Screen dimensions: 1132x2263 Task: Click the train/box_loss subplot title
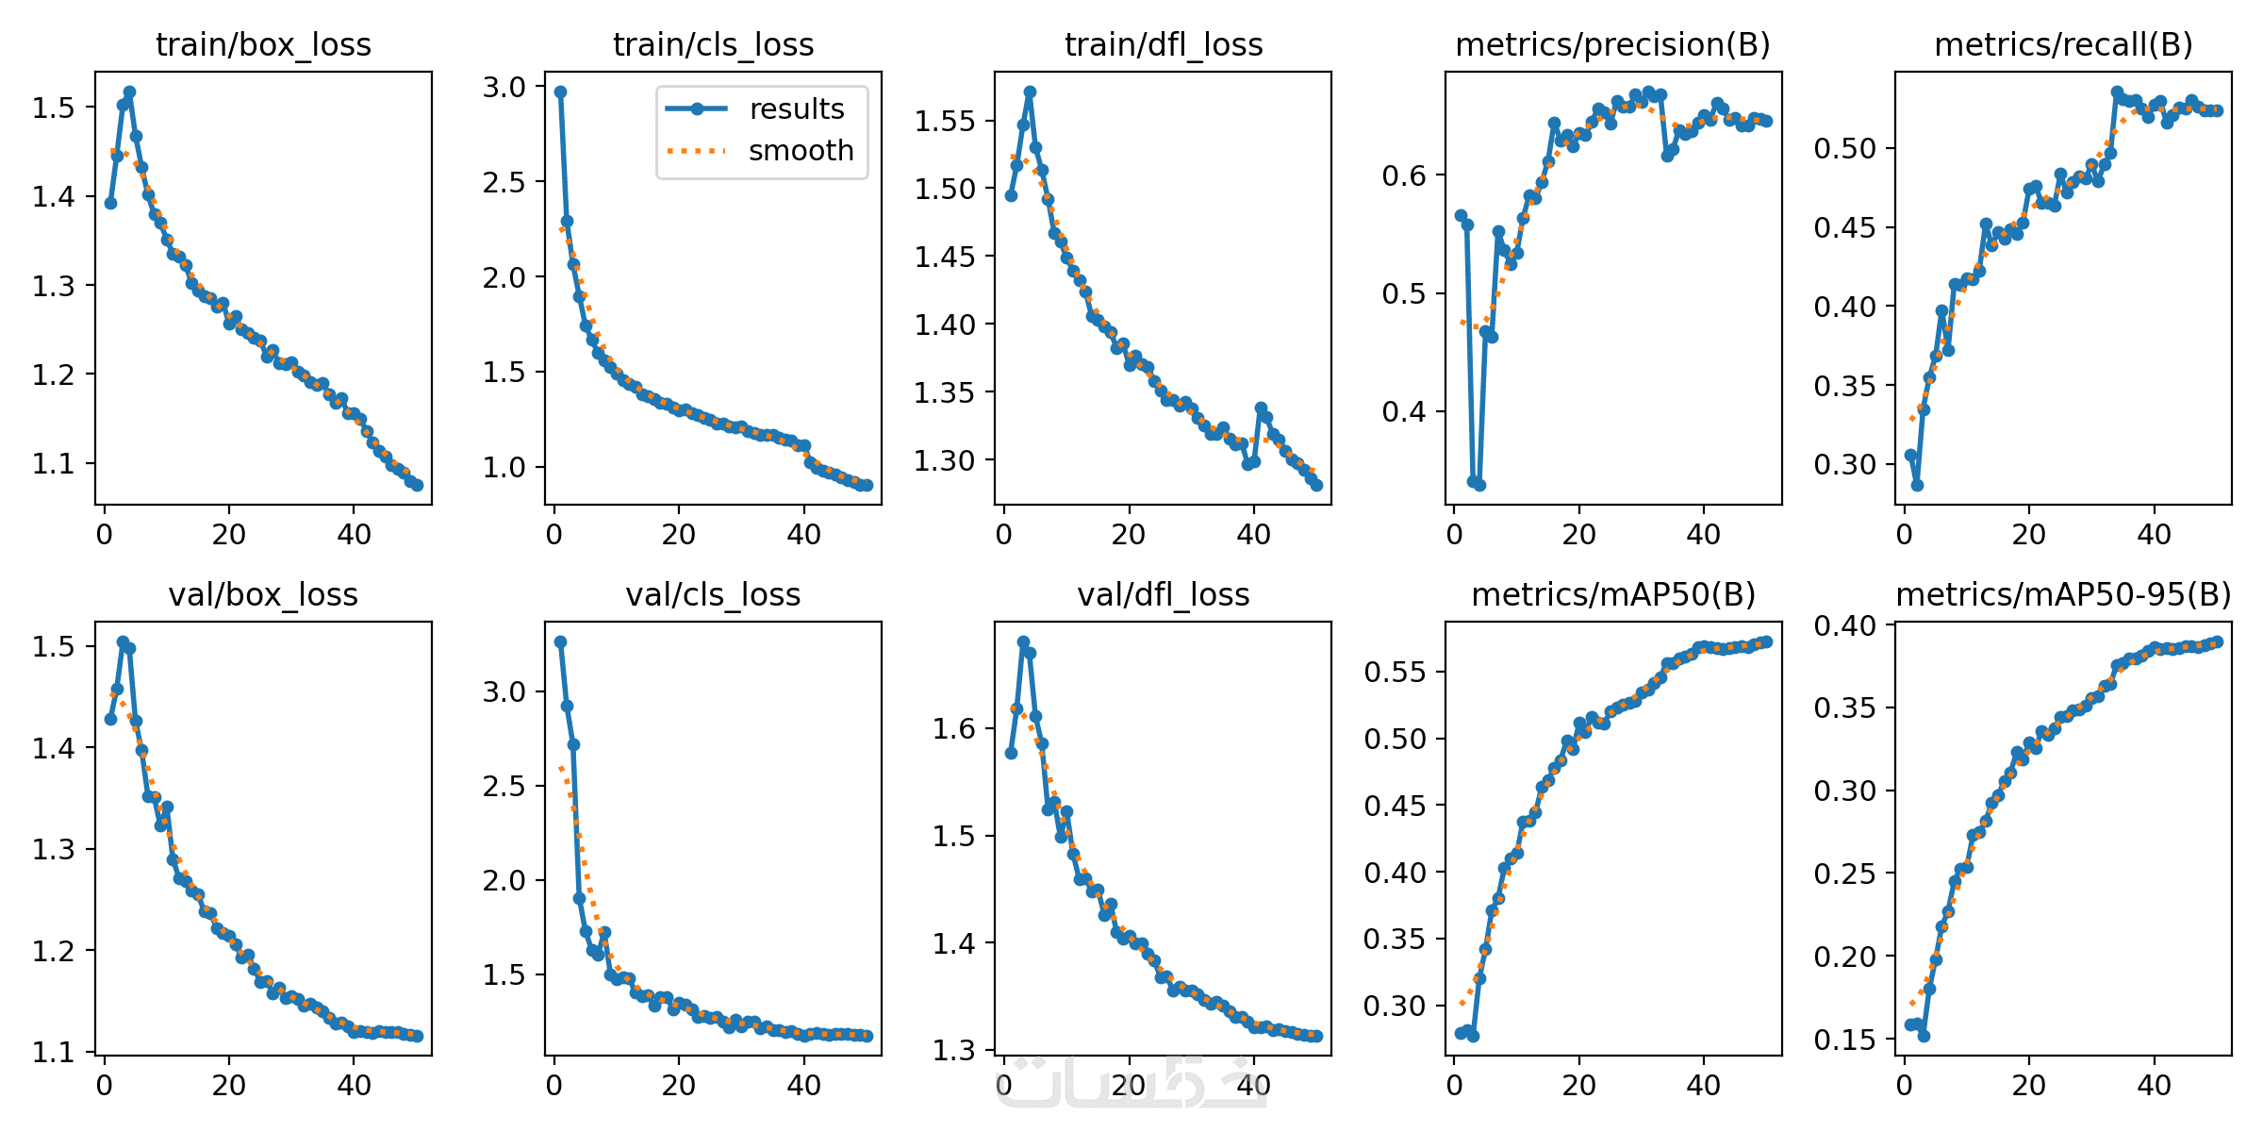pyautogui.click(x=263, y=44)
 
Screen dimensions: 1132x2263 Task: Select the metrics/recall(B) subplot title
pyautogui.click(x=2063, y=44)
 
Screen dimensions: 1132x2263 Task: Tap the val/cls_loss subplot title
pyautogui.click(x=713, y=594)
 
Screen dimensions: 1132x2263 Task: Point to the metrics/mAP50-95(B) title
pyautogui.click(x=2063, y=594)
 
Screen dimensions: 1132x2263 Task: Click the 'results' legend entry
pyautogui.click(x=796, y=109)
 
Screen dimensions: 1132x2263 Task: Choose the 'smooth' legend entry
pyautogui.click(x=801, y=151)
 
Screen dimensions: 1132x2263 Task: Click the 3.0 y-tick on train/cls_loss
pyautogui.click(x=504, y=88)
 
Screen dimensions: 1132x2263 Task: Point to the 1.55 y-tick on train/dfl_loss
pyautogui.click(x=944, y=121)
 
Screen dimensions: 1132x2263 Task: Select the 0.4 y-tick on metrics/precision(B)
pyautogui.click(x=1405, y=411)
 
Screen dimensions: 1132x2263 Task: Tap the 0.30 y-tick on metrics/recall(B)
pyautogui.click(x=1845, y=464)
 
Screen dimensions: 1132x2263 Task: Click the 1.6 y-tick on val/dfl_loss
pyautogui.click(x=954, y=728)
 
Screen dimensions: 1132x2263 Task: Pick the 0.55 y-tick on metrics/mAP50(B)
pyautogui.click(x=1395, y=672)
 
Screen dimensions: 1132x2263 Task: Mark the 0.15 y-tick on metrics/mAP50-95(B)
pyautogui.click(x=1845, y=1040)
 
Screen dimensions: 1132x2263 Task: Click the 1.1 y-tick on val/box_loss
pyautogui.click(x=53, y=1052)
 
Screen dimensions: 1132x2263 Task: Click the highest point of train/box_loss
pyautogui.click(x=129, y=92)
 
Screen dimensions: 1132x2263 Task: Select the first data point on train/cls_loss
pyautogui.click(x=560, y=92)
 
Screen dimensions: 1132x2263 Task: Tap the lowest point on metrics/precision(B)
pyautogui.click(x=1479, y=485)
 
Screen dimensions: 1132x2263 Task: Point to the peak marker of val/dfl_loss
pyautogui.click(x=1023, y=641)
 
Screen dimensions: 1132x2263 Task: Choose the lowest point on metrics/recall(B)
pyautogui.click(x=1917, y=485)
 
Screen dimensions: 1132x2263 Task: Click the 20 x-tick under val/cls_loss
pyautogui.click(x=679, y=1086)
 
